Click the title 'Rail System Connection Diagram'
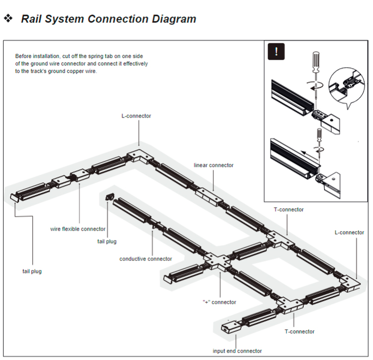coord(108,19)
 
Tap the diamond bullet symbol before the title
coord(8,18)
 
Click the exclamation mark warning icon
coord(276,51)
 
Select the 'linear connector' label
coord(213,165)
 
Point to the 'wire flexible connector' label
coord(78,229)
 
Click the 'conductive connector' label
coord(146,259)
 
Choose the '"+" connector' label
coord(219,302)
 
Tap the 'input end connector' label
coord(237,351)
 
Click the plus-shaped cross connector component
coord(218,261)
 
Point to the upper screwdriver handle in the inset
coord(316,62)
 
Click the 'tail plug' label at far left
coord(32,271)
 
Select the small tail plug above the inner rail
coord(109,197)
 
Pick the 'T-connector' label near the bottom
coord(299,332)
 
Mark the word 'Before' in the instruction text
coord(23,56)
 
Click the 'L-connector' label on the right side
coord(349,233)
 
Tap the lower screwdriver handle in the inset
coord(319,135)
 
